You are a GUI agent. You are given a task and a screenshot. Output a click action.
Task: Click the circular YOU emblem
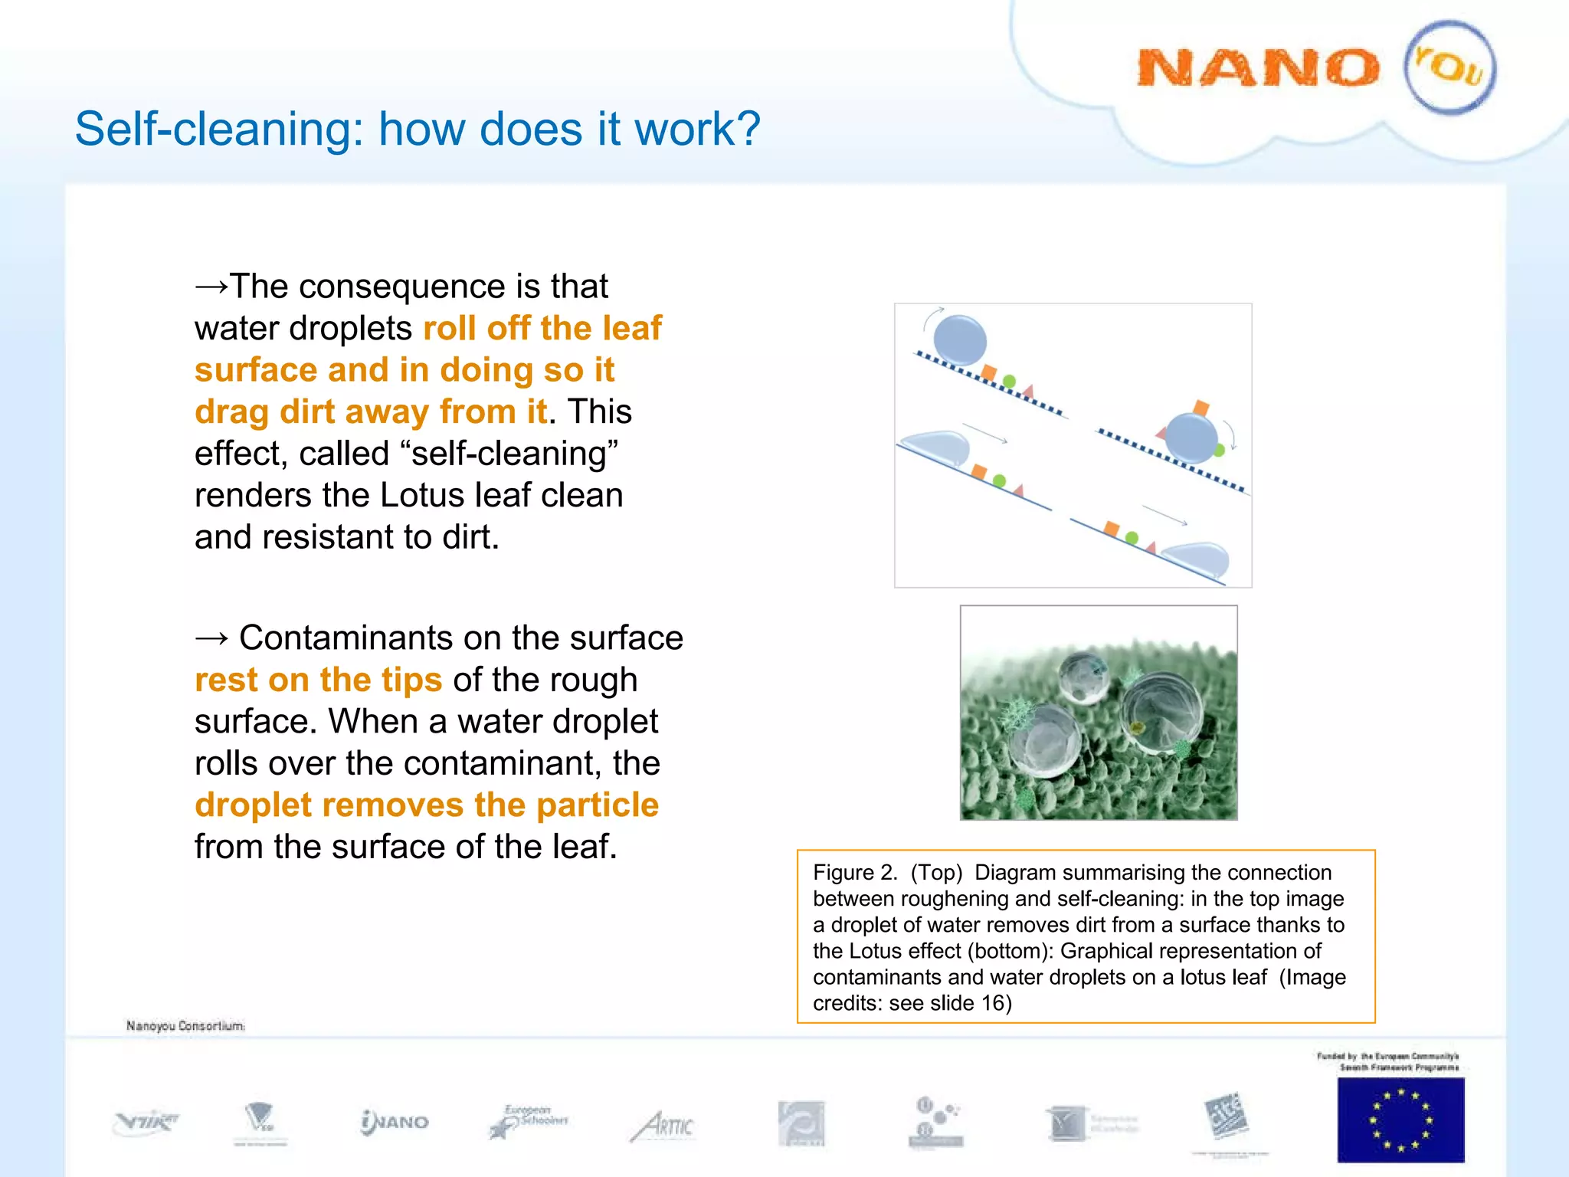click(x=1449, y=67)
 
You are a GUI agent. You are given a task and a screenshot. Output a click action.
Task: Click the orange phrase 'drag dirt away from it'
click(x=371, y=412)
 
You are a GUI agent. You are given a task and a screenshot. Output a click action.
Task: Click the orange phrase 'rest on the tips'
click(x=318, y=680)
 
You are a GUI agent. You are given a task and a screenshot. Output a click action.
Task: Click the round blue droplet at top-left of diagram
click(x=960, y=340)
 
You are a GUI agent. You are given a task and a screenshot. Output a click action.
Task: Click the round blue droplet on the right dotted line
click(x=1191, y=438)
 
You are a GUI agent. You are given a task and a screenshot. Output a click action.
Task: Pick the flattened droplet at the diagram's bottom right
click(x=1197, y=558)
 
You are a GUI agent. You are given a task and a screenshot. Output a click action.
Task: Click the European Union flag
click(x=1400, y=1120)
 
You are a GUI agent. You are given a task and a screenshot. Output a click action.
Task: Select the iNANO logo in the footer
click(x=395, y=1123)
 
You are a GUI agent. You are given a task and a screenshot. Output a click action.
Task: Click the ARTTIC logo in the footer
click(x=663, y=1126)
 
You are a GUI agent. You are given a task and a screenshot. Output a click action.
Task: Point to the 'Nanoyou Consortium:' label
click(x=185, y=1026)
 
